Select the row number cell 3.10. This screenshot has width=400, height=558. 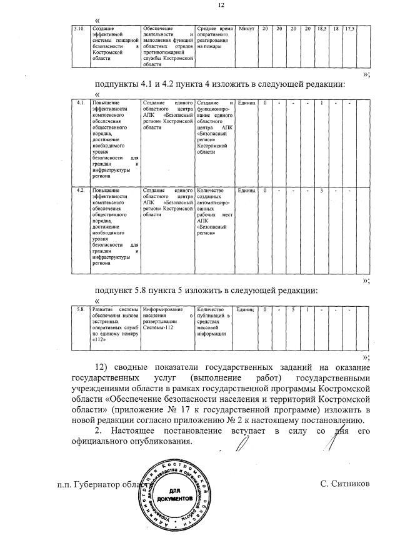pos(79,29)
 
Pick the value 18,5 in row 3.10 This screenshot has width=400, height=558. pos(322,29)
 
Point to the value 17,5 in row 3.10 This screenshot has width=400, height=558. pos(350,29)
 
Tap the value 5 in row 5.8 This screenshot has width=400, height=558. pos(292,309)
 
